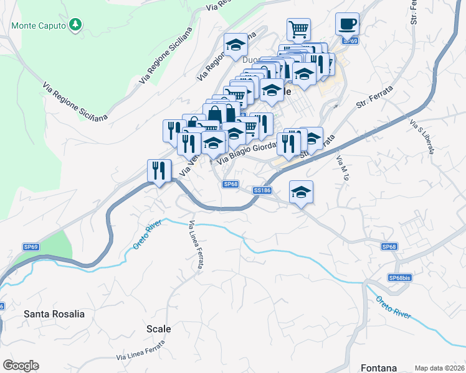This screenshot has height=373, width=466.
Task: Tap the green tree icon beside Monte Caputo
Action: point(76,25)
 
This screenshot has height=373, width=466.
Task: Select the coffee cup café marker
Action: point(347,25)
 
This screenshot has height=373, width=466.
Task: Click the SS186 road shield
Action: point(262,190)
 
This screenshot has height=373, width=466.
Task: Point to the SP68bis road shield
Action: point(400,278)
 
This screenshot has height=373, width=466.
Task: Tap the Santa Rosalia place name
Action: point(54,314)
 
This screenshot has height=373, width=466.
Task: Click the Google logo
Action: point(21,365)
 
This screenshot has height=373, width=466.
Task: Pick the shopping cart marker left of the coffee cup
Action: point(298,29)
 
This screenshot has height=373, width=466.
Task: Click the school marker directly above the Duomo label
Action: point(235,45)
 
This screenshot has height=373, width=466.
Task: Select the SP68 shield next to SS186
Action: point(231,184)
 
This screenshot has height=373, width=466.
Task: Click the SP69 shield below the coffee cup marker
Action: point(351,41)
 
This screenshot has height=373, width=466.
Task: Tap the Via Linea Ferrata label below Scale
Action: point(141,351)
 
